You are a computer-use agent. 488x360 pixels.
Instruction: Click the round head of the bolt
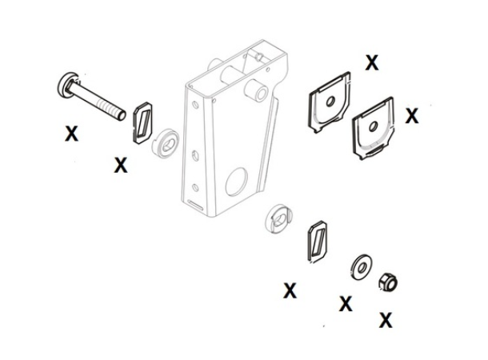pos(66,86)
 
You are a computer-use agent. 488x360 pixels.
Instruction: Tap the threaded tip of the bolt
pos(122,115)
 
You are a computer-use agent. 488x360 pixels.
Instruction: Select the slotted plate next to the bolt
pos(142,122)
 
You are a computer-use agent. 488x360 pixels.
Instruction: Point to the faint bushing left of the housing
pos(166,143)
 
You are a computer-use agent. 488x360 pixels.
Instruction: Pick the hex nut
pos(388,282)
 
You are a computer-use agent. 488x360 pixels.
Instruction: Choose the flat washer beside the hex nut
pos(361,267)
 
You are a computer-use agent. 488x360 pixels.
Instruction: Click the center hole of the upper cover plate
pos(330,102)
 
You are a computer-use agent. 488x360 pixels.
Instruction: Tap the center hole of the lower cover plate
pos(373,126)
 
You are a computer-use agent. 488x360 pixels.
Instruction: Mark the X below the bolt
pos(71,134)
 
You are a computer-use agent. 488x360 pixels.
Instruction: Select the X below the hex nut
pos(386,320)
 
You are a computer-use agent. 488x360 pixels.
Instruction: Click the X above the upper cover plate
pos(372,62)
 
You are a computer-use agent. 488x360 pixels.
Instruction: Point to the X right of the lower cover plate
pos(412,115)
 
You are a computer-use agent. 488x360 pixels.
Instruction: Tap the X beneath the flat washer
pos(346,303)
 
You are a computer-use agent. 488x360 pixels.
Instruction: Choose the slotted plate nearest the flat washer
pos(317,241)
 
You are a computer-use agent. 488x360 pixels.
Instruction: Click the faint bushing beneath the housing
pos(279,218)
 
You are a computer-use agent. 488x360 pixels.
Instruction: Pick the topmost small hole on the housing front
pos(195,105)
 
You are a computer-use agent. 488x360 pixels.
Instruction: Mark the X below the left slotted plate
pos(121,166)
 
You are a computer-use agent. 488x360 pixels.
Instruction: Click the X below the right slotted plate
pos(290,290)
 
